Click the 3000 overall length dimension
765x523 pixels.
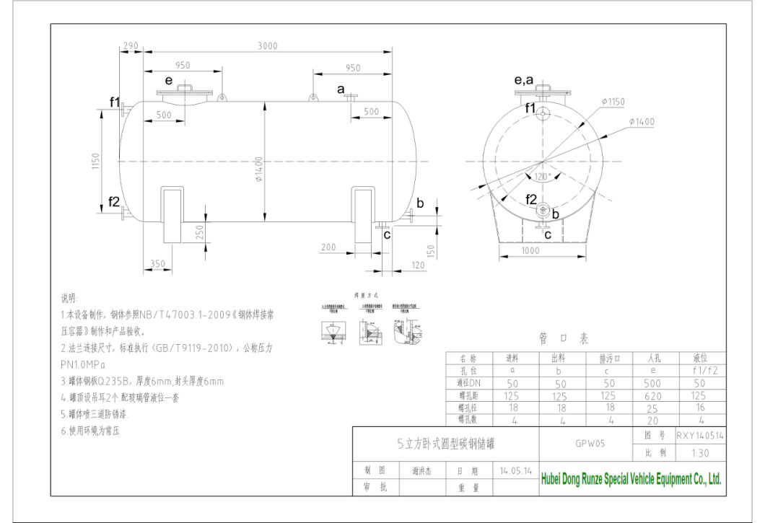[268, 46]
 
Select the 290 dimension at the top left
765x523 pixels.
[131, 46]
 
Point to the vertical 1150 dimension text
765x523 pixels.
[95, 162]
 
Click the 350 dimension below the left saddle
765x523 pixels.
[159, 264]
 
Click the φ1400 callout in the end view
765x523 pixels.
[642, 122]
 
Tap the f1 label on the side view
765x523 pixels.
[115, 102]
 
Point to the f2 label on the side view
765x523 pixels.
[114, 202]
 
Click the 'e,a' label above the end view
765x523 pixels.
[524, 81]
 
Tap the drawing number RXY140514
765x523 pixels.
[700, 436]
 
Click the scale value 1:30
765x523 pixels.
[699, 453]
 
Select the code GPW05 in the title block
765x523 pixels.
[585, 444]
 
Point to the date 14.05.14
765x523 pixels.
[516, 470]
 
